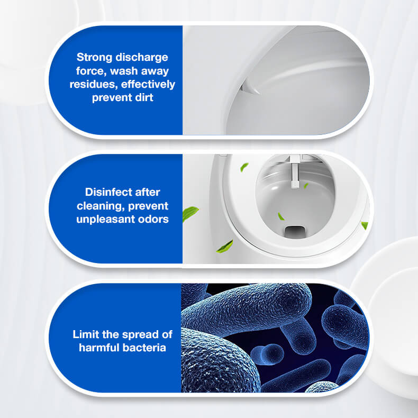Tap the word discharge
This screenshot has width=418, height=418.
pyautogui.click(x=142, y=57)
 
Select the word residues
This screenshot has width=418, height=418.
pyautogui.click(x=94, y=84)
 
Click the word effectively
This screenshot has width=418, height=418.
pyautogui.click(x=148, y=84)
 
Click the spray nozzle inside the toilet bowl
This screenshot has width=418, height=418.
pyautogui.click(x=294, y=172)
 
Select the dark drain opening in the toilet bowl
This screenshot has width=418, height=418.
pyautogui.click(x=294, y=232)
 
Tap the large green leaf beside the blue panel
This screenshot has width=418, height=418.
pyautogui.click(x=190, y=214)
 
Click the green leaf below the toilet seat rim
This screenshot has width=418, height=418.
pyautogui.click(x=225, y=247)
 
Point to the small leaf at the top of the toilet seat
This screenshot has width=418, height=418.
pyautogui.click(x=244, y=167)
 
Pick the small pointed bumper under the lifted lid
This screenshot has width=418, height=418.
pyautogui.click(x=250, y=87)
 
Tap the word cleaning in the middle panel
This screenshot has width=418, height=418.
pyautogui.click(x=99, y=206)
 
